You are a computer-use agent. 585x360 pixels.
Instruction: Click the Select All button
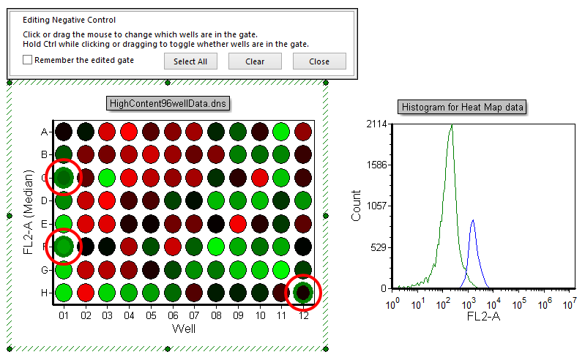click(x=190, y=61)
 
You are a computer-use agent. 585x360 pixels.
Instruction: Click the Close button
click(x=319, y=61)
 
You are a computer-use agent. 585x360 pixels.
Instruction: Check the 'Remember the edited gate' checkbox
click(x=28, y=61)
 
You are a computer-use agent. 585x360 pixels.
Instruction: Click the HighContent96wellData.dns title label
click(x=168, y=103)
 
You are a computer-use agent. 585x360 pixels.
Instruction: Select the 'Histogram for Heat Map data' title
click(x=462, y=108)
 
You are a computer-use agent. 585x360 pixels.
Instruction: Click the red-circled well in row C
click(x=64, y=177)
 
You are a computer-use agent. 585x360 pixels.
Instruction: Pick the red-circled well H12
click(x=302, y=292)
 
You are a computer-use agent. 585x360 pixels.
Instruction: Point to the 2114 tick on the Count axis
click(x=377, y=125)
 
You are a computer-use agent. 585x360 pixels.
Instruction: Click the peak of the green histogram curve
click(x=452, y=126)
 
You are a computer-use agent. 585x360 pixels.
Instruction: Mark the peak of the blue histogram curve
click(x=473, y=220)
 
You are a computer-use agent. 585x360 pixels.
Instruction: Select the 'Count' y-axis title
click(x=357, y=206)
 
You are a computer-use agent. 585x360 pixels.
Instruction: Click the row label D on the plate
click(x=45, y=200)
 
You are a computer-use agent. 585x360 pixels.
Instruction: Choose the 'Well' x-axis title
click(x=183, y=329)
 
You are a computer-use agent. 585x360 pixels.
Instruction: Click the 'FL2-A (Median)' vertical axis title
click(x=29, y=212)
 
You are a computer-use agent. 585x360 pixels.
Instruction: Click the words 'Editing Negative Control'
click(x=70, y=20)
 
